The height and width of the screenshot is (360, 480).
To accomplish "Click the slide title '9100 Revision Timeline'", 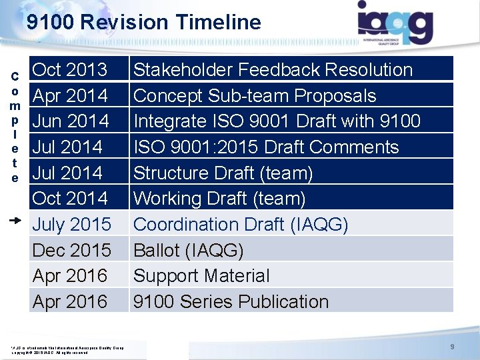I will [143, 22].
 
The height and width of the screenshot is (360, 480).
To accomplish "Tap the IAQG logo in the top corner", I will [395, 23].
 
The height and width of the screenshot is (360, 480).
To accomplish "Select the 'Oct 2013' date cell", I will [70, 69].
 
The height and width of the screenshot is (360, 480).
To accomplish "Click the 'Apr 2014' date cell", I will [70, 95].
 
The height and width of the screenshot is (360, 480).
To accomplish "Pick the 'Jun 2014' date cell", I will [71, 121].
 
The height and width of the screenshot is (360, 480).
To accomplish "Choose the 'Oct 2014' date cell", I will [70, 199].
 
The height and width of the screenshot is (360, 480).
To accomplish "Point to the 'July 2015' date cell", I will [72, 225].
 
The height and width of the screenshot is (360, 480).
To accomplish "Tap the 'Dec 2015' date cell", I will [72, 250].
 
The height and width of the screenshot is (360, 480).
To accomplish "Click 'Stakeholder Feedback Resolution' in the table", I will [273, 69].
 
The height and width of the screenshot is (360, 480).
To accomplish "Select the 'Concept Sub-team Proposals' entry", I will [255, 95].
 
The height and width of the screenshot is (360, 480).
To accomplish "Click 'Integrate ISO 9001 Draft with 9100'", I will [277, 121].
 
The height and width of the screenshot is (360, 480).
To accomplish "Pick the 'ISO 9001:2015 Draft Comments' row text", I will [266, 147].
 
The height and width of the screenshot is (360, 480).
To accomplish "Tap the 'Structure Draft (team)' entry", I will [223, 173].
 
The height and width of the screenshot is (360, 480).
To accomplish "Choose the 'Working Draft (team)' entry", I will [220, 199].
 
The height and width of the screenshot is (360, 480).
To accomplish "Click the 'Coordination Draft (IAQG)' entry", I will [241, 225].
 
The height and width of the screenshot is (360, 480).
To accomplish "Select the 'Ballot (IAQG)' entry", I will [189, 250].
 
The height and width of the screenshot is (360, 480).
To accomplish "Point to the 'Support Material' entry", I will [201, 276].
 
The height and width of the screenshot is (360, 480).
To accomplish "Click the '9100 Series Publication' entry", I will [231, 302].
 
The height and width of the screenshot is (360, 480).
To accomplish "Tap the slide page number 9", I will [452, 347].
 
